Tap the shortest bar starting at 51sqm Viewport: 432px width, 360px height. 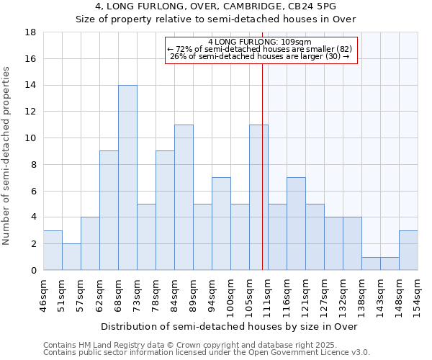71,257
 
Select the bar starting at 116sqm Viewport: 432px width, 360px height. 296,224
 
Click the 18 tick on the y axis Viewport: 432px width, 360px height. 31,32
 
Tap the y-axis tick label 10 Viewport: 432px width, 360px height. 31,138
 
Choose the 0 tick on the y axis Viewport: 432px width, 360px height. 34,271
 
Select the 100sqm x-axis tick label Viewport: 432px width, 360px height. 230,294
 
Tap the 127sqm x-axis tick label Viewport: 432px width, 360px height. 324,294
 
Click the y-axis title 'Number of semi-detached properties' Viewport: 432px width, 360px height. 7,156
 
